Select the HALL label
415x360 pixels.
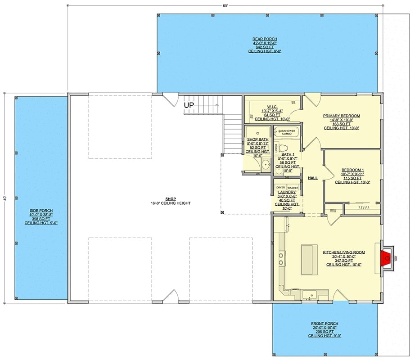tap(312, 178)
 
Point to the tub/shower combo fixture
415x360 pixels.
tap(287, 132)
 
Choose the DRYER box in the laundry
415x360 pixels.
tap(280, 187)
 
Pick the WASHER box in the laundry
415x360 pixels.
tap(293, 187)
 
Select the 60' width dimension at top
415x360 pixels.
tap(225, 5)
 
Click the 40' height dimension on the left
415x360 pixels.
tap(5, 198)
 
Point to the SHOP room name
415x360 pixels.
tap(170, 198)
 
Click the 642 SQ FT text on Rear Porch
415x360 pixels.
tap(264, 47)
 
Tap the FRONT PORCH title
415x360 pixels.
tap(325, 324)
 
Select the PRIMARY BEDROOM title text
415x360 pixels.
tap(342, 116)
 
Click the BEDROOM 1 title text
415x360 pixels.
tap(352, 169)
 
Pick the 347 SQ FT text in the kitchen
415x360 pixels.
tap(343, 261)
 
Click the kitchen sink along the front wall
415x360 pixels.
tap(309, 295)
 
